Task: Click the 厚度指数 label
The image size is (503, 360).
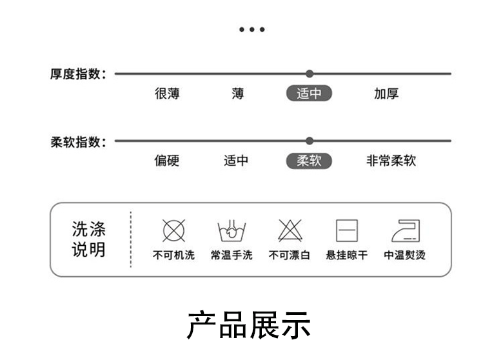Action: [77, 74]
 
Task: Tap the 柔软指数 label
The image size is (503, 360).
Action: [77, 141]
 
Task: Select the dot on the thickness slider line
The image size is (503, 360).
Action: [310, 74]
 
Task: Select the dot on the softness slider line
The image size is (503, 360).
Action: [310, 141]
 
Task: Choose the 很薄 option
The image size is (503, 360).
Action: [167, 94]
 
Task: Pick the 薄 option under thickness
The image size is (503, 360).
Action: [238, 94]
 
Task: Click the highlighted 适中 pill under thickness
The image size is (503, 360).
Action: [309, 94]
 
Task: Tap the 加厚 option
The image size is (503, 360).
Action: [386, 94]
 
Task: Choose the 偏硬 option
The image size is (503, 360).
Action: [166, 161]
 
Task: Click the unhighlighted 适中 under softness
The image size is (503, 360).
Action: [236, 161]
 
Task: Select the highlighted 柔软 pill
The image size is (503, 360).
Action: [309, 161]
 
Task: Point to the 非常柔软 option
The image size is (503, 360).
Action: [391, 161]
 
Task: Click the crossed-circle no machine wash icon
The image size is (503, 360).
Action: [173, 230]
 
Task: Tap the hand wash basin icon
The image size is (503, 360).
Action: [232, 230]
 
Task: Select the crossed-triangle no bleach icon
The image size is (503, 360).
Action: [290, 230]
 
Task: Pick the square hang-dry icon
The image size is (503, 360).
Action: [347, 230]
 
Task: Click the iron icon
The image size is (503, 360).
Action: [405, 230]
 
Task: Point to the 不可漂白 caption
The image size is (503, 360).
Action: [290, 255]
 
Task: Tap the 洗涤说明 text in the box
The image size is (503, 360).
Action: [89, 239]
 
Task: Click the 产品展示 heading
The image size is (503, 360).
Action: [249, 325]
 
